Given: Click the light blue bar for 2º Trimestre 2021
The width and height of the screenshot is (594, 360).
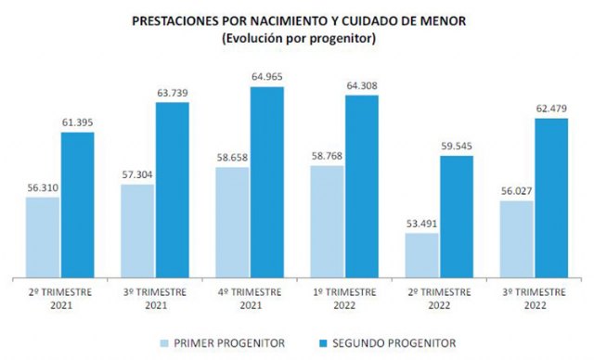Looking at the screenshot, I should pyautogui.click(x=43, y=237).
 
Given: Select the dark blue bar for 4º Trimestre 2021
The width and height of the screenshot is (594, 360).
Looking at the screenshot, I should pyautogui.click(x=266, y=182).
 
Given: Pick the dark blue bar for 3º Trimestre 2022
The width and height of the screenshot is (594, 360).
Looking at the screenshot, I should pyautogui.click(x=551, y=198).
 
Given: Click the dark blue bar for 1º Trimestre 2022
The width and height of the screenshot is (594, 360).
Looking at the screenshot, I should pyautogui.click(x=362, y=186).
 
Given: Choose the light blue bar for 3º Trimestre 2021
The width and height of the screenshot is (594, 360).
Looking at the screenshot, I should pyautogui.click(x=137, y=230).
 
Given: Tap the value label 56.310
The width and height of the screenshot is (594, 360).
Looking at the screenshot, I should pyautogui.click(x=43, y=186).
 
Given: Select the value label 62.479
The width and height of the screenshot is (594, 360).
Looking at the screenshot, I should pyautogui.click(x=551, y=109).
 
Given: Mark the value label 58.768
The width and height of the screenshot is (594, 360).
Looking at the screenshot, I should pyautogui.click(x=327, y=155).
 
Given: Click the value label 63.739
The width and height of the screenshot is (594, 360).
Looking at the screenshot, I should pyautogui.click(x=173, y=92).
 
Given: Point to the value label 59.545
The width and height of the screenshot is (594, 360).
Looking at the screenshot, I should pyautogui.click(x=457, y=146).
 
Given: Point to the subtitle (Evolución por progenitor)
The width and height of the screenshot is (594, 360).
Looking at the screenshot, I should pyautogui.click(x=296, y=37).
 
